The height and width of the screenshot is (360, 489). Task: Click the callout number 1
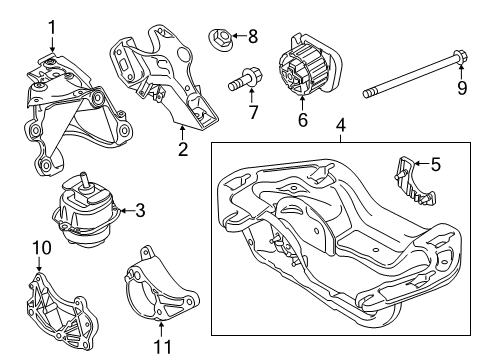pos(52,27)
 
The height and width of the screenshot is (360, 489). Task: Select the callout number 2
pos(182,151)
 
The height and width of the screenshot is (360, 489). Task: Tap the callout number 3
pos(140,211)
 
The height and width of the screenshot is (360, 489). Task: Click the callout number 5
pos(437,163)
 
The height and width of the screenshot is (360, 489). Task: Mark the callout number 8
pos(252,36)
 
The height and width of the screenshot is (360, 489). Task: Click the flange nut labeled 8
pos(221,40)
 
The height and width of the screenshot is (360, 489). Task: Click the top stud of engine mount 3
pos(84,181)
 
